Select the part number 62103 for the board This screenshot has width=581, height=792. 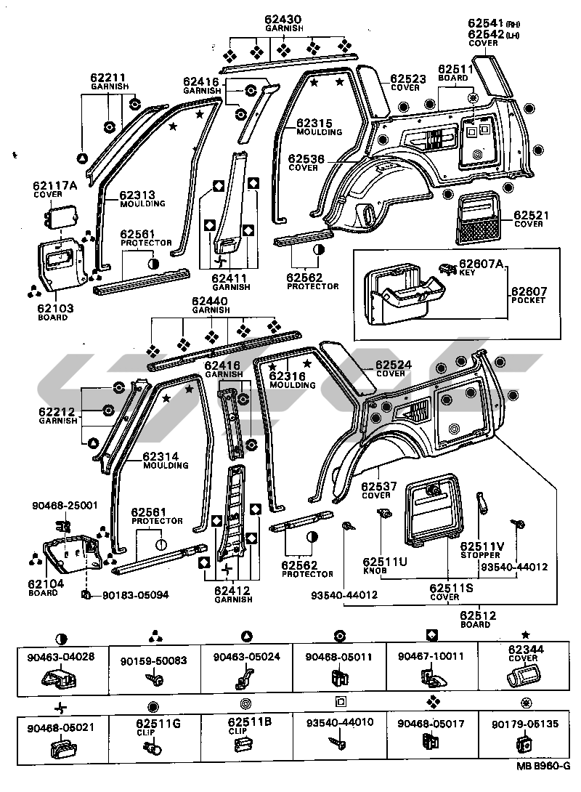coord(52,307)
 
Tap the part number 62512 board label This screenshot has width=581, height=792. coord(477,616)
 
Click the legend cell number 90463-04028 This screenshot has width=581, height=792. coord(62,658)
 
